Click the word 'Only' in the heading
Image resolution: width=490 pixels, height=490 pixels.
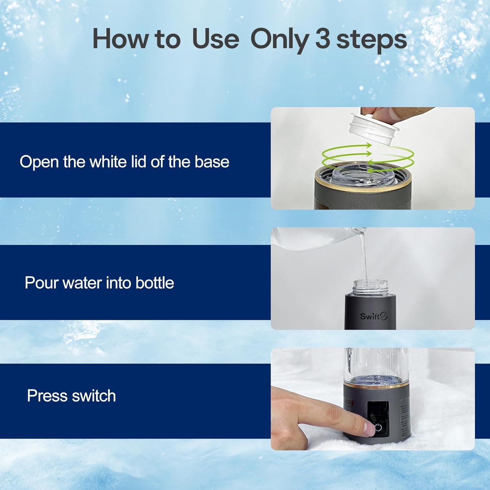279,40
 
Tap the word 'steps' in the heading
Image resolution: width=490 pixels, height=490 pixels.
371,40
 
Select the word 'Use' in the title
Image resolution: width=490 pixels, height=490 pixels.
215,40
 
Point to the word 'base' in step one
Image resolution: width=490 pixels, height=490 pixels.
212,162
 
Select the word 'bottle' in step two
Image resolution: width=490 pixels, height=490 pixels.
155,283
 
